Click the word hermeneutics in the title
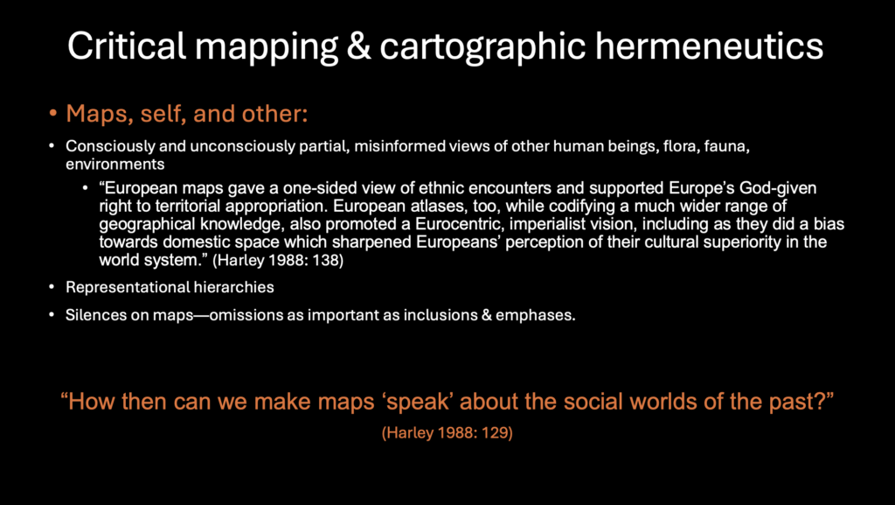click(709, 46)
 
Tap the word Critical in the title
click(127, 46)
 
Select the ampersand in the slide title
click(358, 46)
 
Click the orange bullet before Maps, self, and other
click(53, 114)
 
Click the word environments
click(114, 165)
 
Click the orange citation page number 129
click(495, 433)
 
